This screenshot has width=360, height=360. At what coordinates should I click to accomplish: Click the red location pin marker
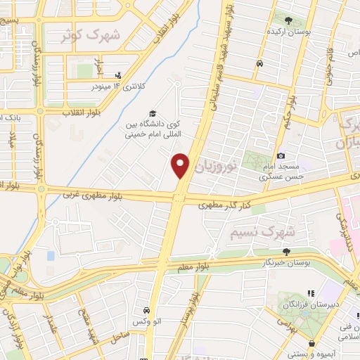181,166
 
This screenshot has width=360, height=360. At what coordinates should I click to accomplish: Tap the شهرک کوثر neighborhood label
91,35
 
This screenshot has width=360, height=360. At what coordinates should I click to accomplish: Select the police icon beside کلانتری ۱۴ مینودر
118,75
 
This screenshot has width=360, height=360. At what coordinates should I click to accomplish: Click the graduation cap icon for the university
151,114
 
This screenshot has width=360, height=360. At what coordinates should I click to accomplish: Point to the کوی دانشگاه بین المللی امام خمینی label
153,131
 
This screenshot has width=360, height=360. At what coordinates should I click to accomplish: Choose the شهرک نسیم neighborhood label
275,231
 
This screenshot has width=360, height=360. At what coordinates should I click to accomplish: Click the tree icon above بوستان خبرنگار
286,251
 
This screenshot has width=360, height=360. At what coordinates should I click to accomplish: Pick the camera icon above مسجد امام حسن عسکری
281,155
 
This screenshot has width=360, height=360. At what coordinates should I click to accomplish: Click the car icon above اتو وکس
146,310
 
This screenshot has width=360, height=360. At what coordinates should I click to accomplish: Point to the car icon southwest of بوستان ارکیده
260,64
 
